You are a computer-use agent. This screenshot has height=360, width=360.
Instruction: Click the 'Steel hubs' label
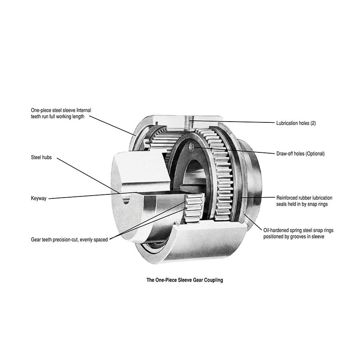pos(41,158)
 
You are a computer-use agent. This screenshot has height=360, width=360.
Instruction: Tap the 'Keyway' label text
pos(38,198)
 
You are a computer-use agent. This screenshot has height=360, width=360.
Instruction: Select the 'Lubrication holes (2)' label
pos(296,123)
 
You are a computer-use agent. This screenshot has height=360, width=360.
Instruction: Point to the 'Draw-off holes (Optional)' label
pos(300,154)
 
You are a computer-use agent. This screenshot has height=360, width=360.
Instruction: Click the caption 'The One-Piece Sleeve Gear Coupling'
pos(184,280)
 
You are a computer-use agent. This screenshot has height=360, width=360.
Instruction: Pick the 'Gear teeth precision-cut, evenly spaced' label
pos(69,240)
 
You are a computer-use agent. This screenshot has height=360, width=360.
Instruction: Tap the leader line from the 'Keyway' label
pos(93,195)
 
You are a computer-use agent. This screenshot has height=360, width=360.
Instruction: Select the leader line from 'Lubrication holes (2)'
pos(233,122)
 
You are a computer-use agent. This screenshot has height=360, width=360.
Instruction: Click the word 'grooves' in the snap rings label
pos(298,237)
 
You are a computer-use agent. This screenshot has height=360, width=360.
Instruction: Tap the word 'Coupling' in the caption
pos(214,280)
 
